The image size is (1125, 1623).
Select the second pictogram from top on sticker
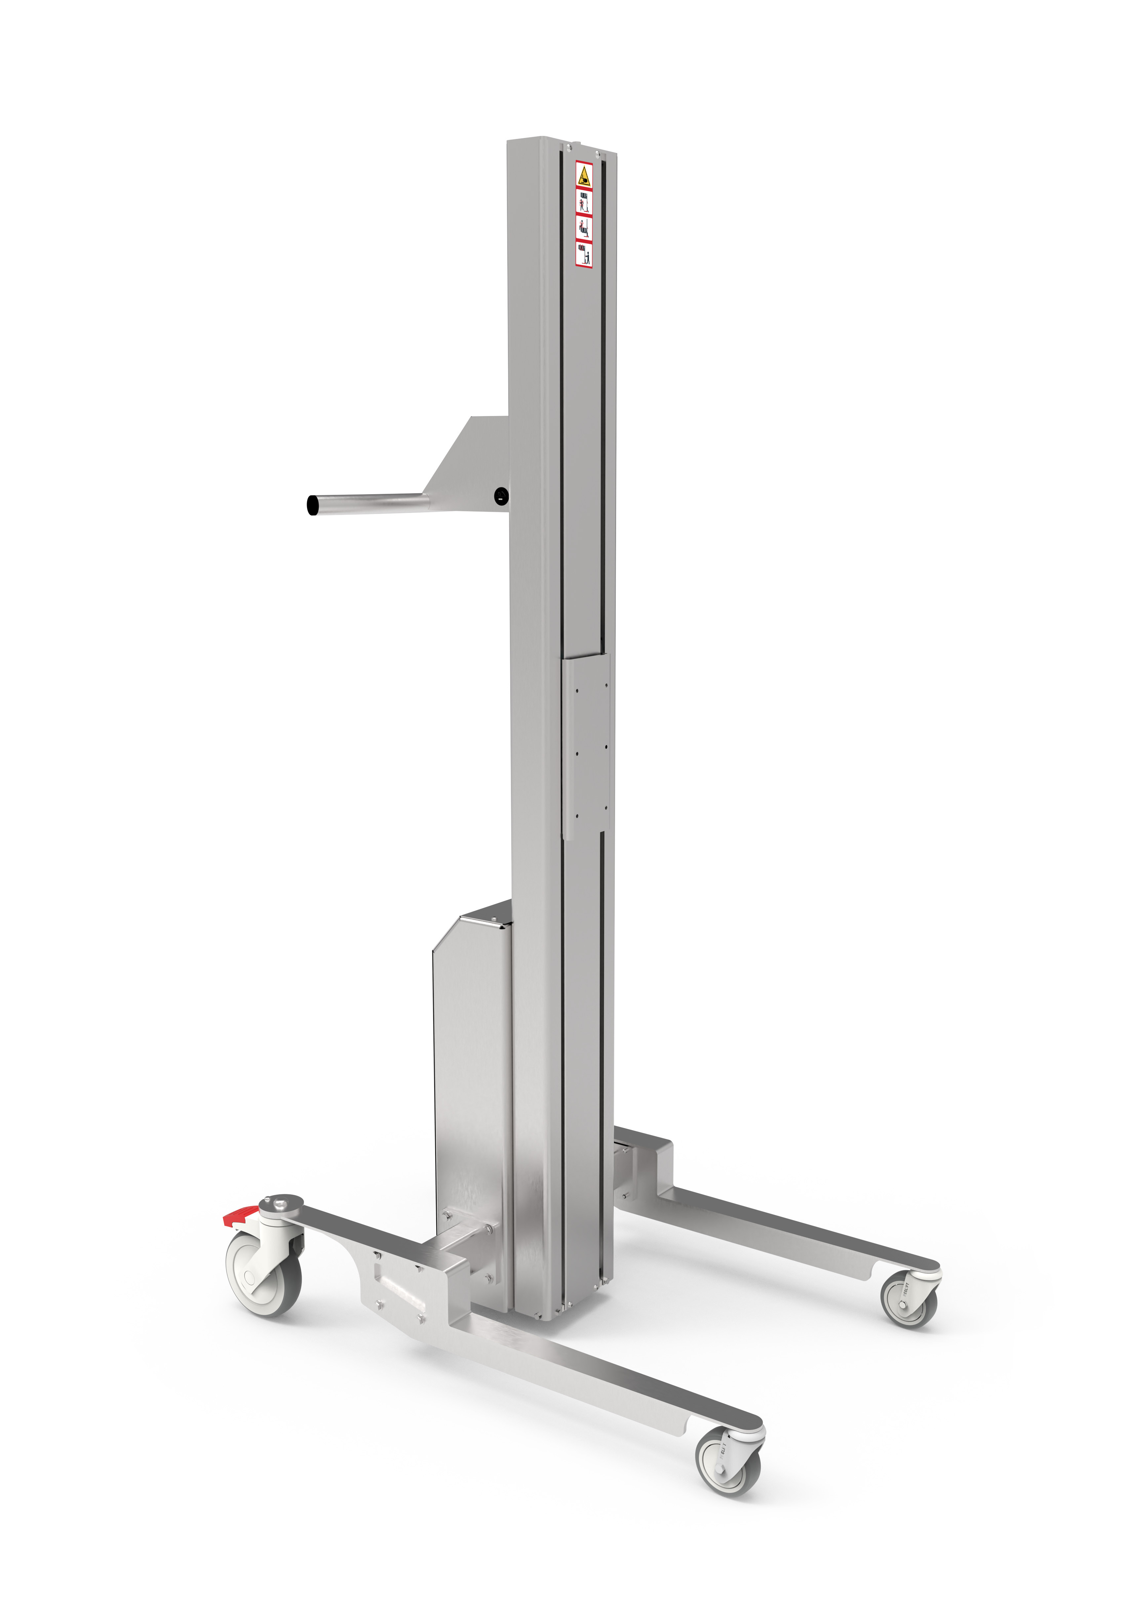pos(584,202)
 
